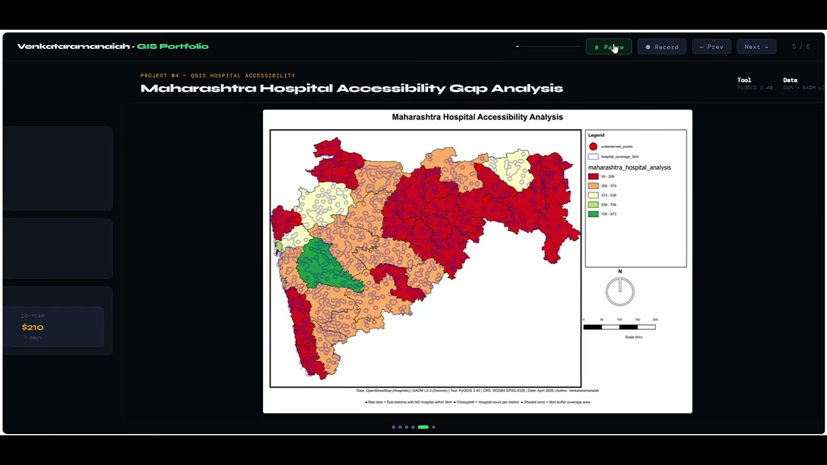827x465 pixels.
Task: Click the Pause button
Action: (609, 47)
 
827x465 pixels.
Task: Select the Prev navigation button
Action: (711, 47)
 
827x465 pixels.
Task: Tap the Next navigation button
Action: (756, 47)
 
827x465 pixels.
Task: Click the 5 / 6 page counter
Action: (801, 46)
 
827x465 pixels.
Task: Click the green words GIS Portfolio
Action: (173, 46)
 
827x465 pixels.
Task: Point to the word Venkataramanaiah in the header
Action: (73, 46)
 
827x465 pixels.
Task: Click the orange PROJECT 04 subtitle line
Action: (218, 76)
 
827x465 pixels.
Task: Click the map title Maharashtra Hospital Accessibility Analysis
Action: (477, 117)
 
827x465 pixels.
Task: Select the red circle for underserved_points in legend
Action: (593, 147)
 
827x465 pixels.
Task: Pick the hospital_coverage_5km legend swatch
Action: (593, 157)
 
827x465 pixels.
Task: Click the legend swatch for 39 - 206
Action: (593, 176)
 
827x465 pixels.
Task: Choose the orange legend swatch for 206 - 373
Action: (593, 186)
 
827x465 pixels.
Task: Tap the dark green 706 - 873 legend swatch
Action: (593, 214)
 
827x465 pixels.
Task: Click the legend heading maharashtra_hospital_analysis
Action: (629, 167)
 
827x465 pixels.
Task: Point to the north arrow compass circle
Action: (620, 291)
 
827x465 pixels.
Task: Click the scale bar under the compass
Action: (619, 327)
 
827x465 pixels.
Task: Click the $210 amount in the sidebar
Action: (32, 327)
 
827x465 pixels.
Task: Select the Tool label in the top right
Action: (744, 80)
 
